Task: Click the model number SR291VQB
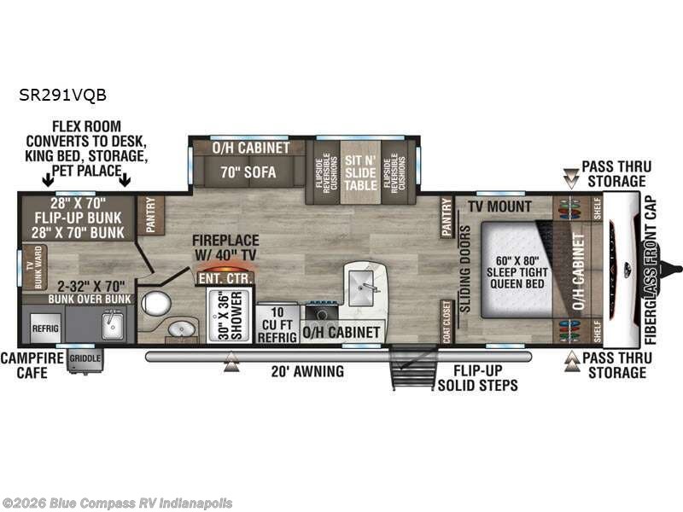61,97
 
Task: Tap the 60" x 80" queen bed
510,271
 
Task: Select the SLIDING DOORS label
465,269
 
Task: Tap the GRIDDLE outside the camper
85,358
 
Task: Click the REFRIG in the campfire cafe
44,326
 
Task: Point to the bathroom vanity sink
182,329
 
